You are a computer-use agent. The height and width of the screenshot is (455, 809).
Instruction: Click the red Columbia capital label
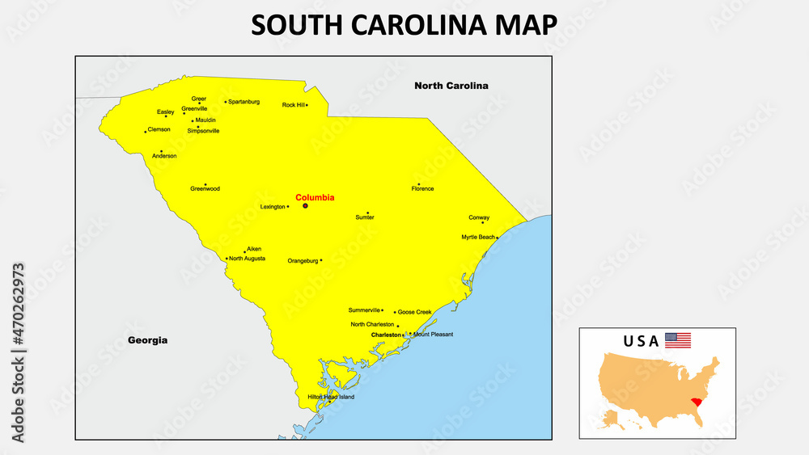click(x=315, y=197)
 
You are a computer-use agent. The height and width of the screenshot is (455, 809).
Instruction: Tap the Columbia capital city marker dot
click(x=305, y=206)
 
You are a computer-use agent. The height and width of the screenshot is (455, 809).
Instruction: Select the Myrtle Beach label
click(x=477, y=237)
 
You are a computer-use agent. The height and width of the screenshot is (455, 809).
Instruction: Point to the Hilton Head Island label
click(x=331, y=397)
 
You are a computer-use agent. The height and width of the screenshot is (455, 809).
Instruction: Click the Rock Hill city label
click(x=293, y=105)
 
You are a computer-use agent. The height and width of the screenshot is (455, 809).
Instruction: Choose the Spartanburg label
click(x=244, y=102)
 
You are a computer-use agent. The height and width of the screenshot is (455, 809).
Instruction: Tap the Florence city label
click(x=422, y=189)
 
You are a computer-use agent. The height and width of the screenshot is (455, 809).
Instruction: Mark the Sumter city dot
click(x=367, y=213)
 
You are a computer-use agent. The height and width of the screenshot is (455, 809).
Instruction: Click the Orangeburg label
click(x=303, y=261)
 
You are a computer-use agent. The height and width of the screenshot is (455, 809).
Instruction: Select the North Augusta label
click(x=247, y=259)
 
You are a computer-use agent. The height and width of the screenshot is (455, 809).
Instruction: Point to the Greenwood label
click(x=205, y=189)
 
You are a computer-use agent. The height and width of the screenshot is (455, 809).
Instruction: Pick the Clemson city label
click(x=159, y=129)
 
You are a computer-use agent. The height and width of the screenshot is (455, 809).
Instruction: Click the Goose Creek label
click(x=414, y=312)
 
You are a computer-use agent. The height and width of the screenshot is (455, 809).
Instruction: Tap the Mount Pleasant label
click(x=433, y=334)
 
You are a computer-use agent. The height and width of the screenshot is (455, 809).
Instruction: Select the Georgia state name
click(x=148, y=340)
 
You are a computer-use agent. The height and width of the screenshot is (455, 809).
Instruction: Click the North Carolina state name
click(x=451, y=85)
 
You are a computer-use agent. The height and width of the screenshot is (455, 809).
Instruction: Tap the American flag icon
click(x=678, y=340)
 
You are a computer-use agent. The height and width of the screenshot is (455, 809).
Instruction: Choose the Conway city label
click(x=479, y=217)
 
